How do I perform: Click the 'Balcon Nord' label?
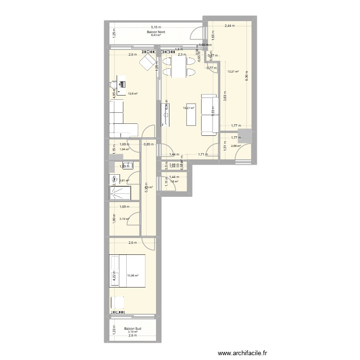pyautogui.click(x=156, y=31)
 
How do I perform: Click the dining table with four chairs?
pyautogui.click(x=178, y=68)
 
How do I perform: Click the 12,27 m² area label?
pyautogui.click(x=233, y=72)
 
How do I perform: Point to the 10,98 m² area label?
pyautogui.click(x=132, y=276)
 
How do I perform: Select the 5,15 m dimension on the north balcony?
pyautogui.click(x=156, y=27)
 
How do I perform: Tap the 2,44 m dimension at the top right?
pyautogui.click(x=229, y=25)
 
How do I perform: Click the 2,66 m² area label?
pyautogui.click(x=236, y=146)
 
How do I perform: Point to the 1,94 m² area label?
pyautogui.click(x=124, y=149)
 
